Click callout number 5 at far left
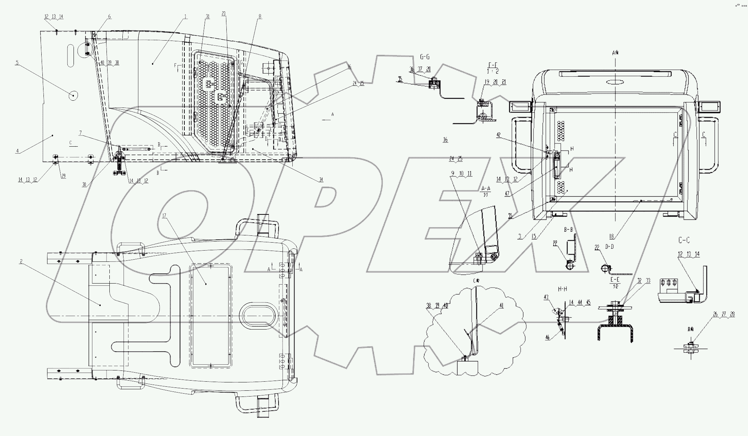(17, 62)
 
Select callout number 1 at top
(185, 16)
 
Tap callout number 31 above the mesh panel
(207, 16)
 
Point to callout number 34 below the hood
(321, 180)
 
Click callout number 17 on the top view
(164, 215)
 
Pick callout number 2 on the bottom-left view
(22, 261)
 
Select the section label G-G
(425, 57)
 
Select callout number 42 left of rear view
(498, 134)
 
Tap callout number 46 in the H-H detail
(547, 337)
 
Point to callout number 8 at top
(260, 16)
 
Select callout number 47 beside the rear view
(507, 194)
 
